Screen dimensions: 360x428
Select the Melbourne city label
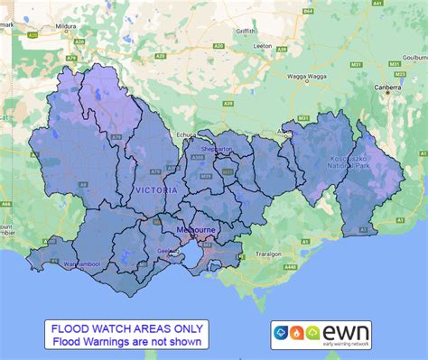pyautogui.click(x=196, y=230)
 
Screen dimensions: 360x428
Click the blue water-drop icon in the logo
pyautogui.click(x=281, y=331)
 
